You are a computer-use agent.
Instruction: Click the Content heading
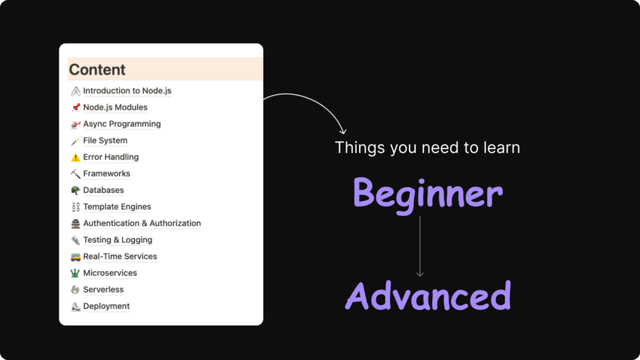tap(97, 70)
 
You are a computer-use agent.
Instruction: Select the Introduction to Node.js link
tap(127, 90)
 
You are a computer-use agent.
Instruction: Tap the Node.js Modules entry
tap(115, 107)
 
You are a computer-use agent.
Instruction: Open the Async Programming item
tap(122, 124)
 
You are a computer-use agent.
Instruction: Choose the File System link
tap(105, 140)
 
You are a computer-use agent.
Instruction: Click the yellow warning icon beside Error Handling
tap(76, 157)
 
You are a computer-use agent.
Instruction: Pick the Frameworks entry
tap(106, 173)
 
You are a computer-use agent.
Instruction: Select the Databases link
tap(103, 191)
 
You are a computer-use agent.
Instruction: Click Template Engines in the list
tap(117, 206)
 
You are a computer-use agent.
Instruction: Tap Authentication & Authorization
tap(141, 223)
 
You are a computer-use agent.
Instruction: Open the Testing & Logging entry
tap(118, 240)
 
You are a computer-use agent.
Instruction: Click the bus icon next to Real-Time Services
tap(76, 257)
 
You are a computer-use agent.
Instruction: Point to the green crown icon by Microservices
tap(75, 273)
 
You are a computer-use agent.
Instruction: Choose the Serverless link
tap(103, 289)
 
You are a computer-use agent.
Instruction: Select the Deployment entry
tap(106, 306)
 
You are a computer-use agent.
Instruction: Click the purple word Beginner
tap(427, 194)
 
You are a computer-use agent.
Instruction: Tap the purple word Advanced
tap(428, 295)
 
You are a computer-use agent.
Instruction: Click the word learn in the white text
tap(502, 147)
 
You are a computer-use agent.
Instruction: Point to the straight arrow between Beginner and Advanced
tap(420, 247)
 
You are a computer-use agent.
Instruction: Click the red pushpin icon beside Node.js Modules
tap(76, 107)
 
